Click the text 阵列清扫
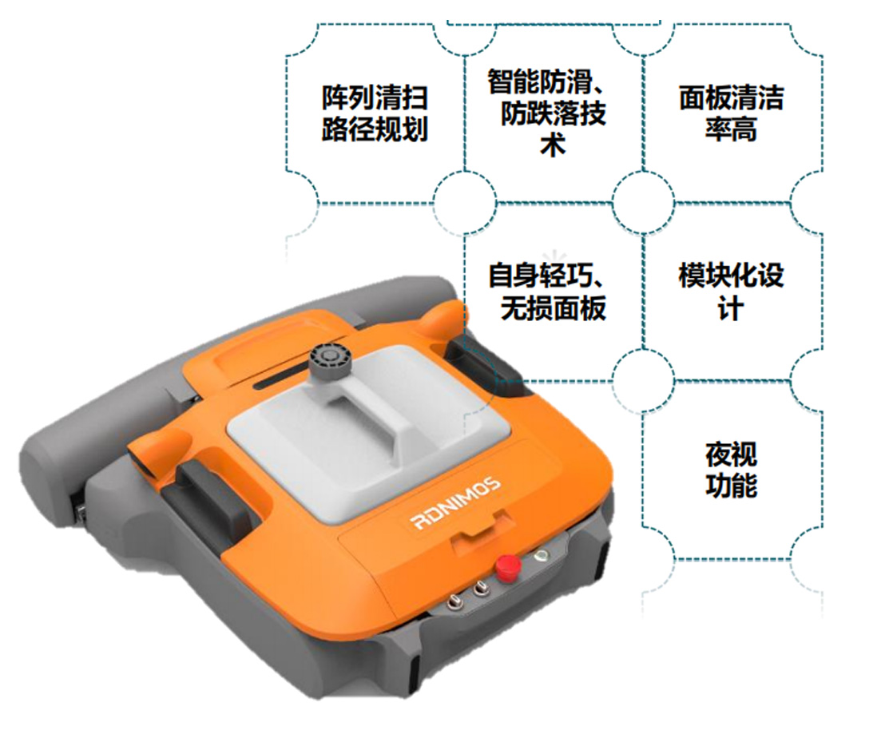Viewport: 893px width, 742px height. (375, 98)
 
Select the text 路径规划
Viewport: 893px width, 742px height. (375, 129)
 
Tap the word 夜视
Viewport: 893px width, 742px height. (731, 455)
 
